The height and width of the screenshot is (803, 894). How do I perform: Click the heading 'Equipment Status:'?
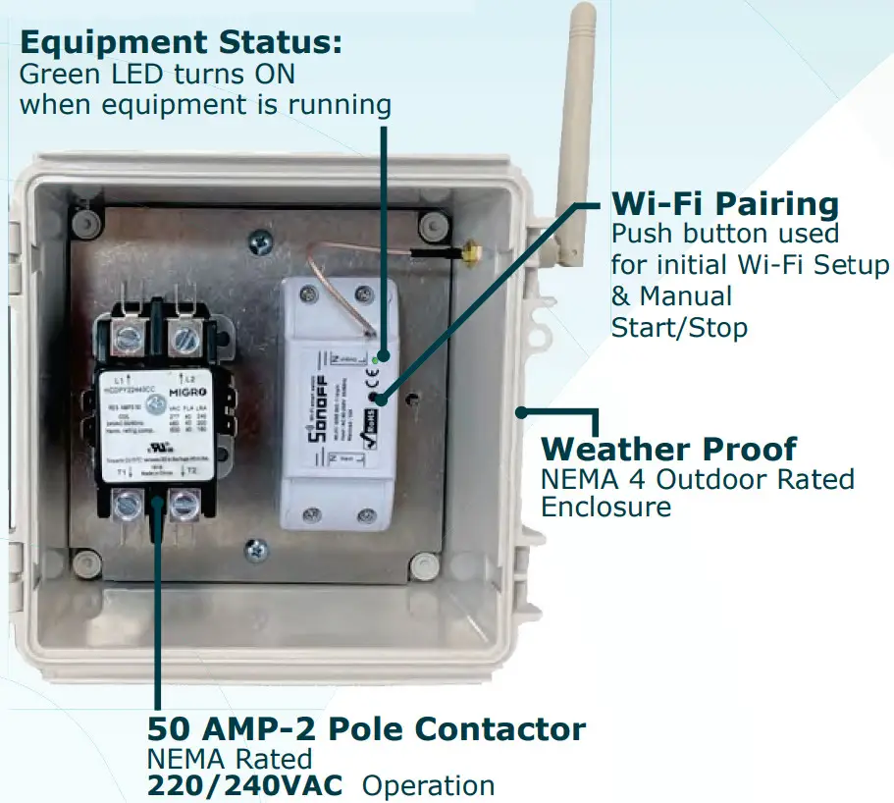point(181,43)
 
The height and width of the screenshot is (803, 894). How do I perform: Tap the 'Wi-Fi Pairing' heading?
point(725,204)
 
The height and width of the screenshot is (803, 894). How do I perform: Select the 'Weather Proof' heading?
point(669,449)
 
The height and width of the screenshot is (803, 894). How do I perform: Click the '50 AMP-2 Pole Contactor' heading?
point(366,728)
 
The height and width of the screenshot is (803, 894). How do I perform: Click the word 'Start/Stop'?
point(679,327)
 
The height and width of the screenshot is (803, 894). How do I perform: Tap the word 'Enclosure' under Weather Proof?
point(605,507)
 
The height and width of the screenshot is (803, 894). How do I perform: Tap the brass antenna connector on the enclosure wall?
point(470,255)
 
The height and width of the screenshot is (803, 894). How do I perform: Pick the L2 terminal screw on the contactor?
point(184,340)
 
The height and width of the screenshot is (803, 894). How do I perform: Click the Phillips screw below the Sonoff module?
point(257,552)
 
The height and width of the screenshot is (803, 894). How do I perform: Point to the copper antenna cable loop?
point(324,263)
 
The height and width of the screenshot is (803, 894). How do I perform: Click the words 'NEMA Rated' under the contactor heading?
point(230,758)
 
